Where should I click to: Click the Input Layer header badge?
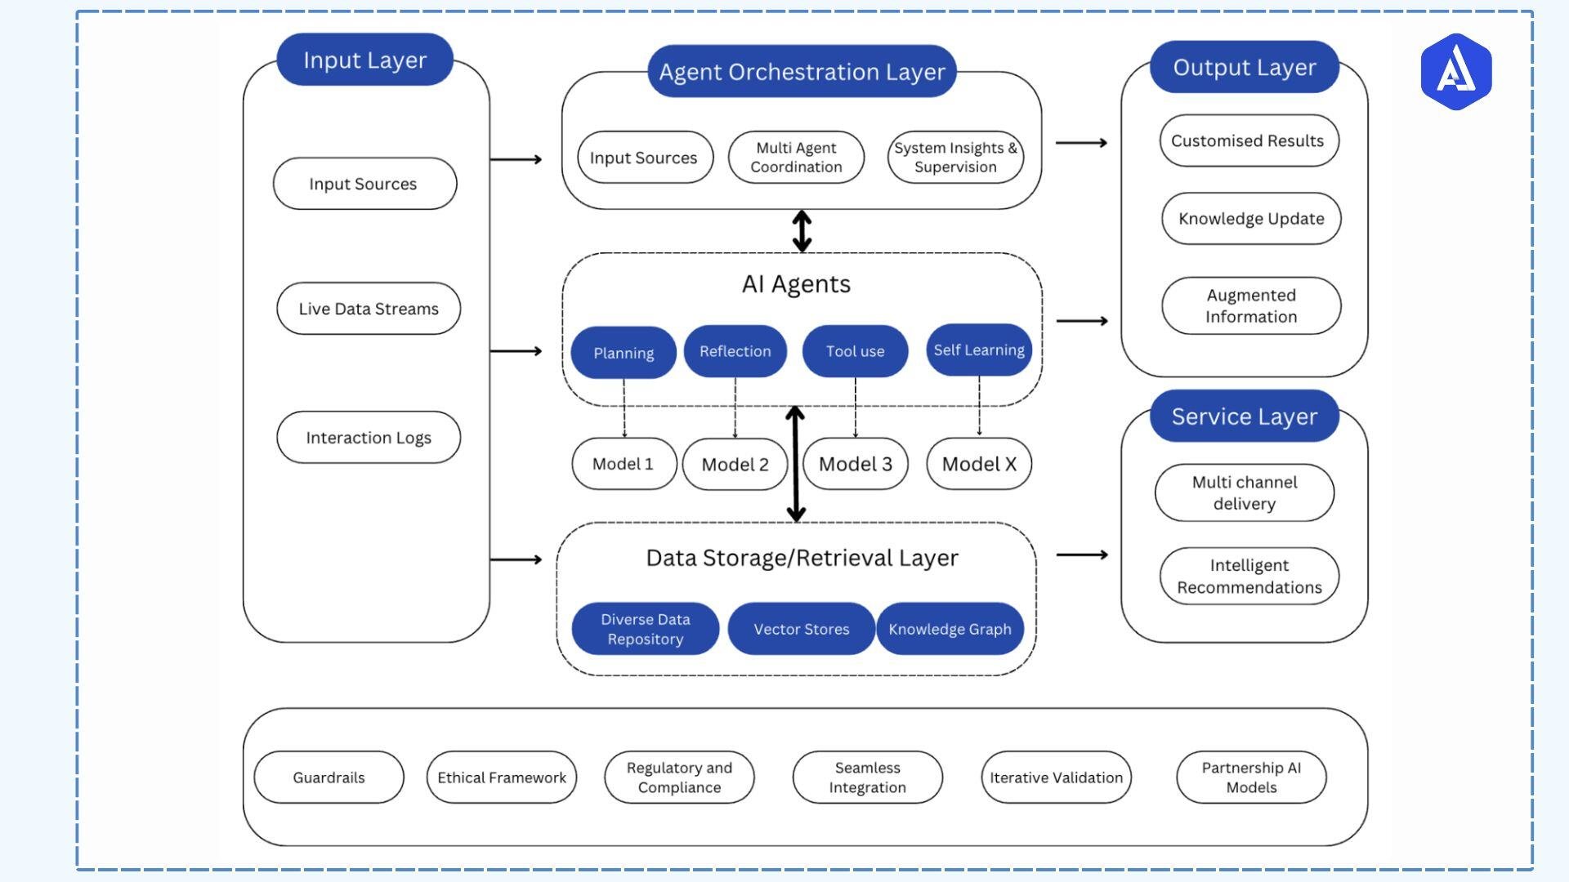[364, 60]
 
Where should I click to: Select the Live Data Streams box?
[369, 309]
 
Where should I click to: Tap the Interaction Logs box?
[369, 438]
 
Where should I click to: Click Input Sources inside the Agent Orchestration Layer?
[644, 158]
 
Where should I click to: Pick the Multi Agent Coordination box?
[796, 158]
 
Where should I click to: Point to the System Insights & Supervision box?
[955, 158]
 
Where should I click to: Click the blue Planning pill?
[624, 353]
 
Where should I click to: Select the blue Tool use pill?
[855, 351]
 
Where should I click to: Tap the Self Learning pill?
[979, 350]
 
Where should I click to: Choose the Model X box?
[979, 464]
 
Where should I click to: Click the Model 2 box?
[735, 465]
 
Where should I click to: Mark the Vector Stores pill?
[801, 629]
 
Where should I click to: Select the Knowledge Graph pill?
[950, 629]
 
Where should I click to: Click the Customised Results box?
[1248, 140]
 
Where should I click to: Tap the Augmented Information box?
[1251, 306]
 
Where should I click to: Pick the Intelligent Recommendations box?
[1249, 577]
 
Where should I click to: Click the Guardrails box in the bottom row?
[329, 777]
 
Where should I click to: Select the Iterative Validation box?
[1056, 777]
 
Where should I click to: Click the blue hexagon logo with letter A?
[1455, 72]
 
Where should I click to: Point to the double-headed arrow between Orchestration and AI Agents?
[802, 231]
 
